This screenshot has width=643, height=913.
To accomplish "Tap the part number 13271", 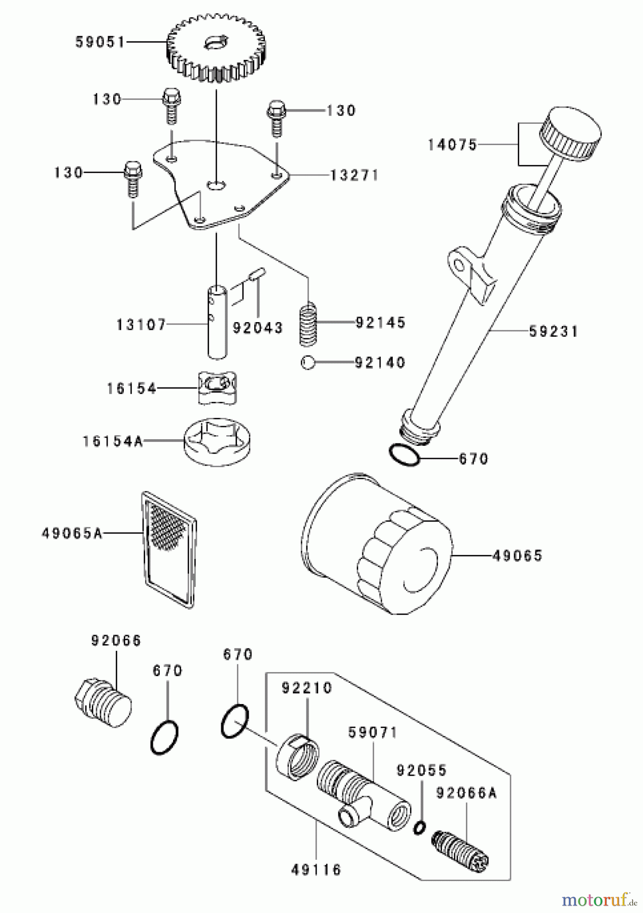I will pyautogui.click(x=354, y=175).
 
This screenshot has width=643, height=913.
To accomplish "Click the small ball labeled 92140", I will pyautogui.click(x=308, y=363).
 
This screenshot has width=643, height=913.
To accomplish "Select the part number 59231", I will pyautogui.click(x=553, y=332).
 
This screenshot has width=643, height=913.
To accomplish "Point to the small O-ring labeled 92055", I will pyautogui.click(x=419, y=828).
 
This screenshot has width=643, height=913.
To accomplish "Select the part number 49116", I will pyautogui.click(x=316, y=870).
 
